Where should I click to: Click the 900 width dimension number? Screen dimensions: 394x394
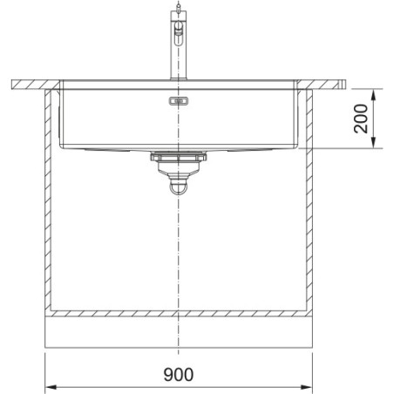[179, 374]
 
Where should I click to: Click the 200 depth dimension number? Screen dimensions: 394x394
[361, 119]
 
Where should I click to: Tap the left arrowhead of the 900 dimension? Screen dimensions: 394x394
[51, 387]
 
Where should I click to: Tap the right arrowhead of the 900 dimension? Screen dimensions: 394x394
[307, 387]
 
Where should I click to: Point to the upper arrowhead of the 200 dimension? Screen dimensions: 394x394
[374, 94]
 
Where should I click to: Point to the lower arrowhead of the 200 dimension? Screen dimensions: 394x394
[374, 143]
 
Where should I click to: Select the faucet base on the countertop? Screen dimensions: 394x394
[179, 78]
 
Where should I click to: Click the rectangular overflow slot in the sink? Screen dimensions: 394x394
[179, 101]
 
